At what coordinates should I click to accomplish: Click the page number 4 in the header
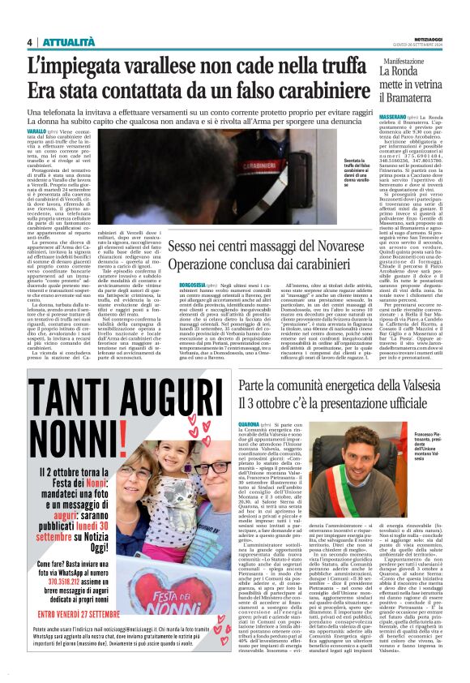click(29, 42)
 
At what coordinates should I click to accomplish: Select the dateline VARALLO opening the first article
click(36, 131)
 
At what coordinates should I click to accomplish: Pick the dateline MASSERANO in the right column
click(395, 118)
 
